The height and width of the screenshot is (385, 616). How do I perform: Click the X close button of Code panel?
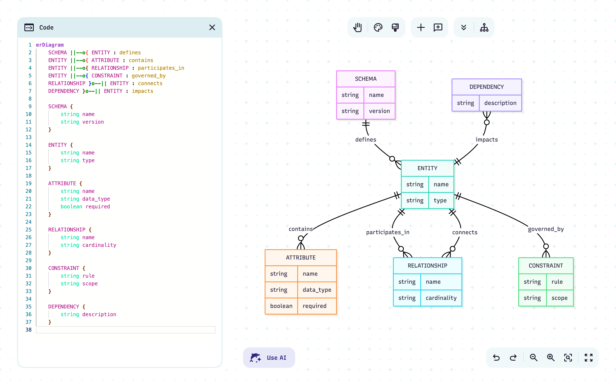212,28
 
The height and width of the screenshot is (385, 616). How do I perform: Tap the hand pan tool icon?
357,28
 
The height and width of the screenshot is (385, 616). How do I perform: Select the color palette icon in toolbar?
378,28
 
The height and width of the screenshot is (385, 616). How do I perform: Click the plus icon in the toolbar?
421,28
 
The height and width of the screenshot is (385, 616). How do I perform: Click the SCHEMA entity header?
366,79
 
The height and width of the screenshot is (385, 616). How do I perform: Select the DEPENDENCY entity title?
486,87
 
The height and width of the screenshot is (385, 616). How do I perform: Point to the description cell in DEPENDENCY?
500,103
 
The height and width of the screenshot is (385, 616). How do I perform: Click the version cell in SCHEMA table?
379,111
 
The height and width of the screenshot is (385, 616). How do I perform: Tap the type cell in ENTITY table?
440,201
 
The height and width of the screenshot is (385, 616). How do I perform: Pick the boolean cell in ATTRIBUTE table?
281,306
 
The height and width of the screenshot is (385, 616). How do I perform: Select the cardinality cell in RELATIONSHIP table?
441,298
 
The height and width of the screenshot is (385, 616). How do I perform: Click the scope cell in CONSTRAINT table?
559,298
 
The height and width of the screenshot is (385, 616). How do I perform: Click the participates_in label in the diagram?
387,232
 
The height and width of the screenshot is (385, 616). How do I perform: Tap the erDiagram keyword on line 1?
50,45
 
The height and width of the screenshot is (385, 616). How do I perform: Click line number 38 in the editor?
28,330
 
